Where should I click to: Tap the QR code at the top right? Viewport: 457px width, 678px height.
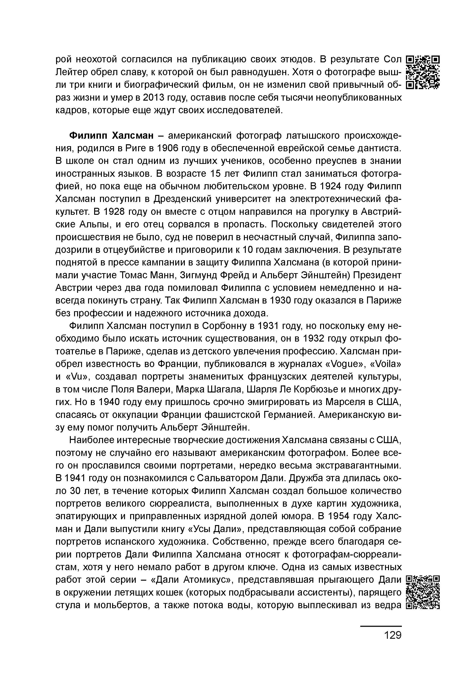pyautogui.click(x=423, y=72)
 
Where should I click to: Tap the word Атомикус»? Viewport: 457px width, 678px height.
pyautogui.click(x=209, y=580)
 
